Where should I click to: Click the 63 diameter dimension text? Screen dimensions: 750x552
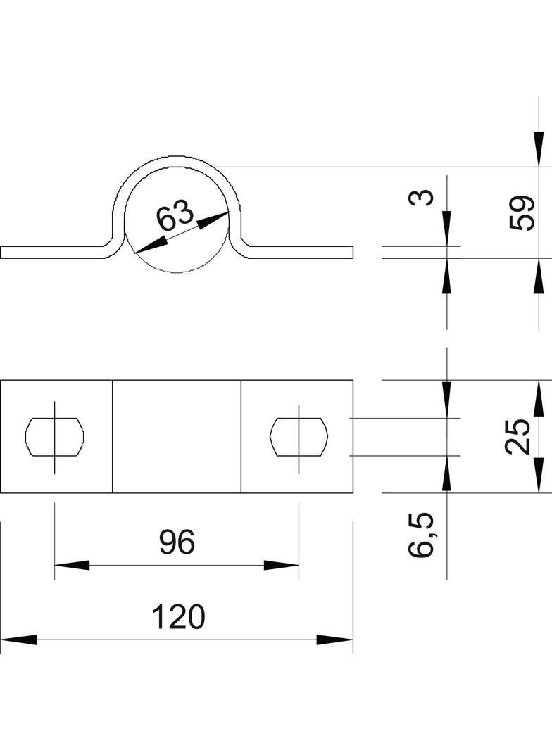174,215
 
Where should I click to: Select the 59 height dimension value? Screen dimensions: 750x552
522,212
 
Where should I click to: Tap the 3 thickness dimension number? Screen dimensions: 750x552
421,198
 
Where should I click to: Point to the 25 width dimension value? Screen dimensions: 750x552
519,436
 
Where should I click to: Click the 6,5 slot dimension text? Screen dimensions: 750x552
422,535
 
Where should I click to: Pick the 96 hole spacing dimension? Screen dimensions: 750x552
176,542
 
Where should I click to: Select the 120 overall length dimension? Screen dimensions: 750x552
178,617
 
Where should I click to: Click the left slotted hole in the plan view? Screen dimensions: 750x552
55,436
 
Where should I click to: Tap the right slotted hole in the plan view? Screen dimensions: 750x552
299,436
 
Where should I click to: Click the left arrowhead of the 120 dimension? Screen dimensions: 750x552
18,640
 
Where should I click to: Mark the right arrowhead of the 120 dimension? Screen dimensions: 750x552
335,640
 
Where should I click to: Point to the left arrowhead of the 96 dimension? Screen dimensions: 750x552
72,565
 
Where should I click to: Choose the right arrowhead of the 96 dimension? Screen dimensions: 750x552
282,565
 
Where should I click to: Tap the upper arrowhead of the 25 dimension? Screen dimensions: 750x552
539,398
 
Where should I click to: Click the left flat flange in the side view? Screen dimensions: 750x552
53,253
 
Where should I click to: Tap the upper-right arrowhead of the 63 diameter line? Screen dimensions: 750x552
213,220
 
